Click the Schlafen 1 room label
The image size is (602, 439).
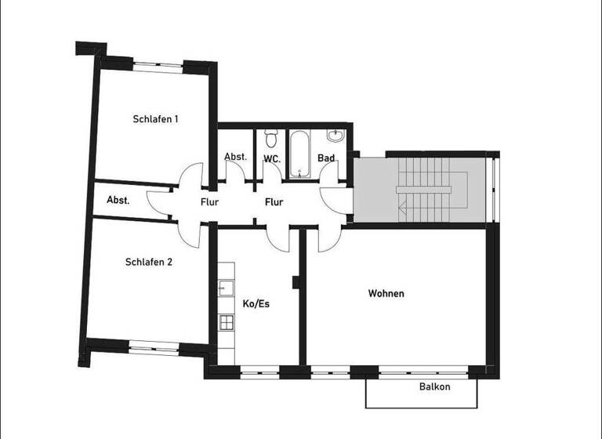click(x=155, y=119)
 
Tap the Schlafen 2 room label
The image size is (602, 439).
click(x=149, y=262)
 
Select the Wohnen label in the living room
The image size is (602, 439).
click(x=386, y=293)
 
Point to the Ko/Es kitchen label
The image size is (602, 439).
click(x=256, y=304)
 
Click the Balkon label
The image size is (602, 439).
click(x=434, y=387)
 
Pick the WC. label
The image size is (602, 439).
click(x=272, y=158)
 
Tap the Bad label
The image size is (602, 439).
click(x=326, y=158)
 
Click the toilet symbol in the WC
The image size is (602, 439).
click(x=271, y=139)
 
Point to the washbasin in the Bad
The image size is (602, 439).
click(x=336, y=136)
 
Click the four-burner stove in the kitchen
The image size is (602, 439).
click(x=226, y=321)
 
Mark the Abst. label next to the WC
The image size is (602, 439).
click(x=236, y=157)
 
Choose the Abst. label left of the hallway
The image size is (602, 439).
click(x=118, y=200)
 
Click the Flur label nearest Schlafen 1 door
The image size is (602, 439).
click(x=209, y=202)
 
